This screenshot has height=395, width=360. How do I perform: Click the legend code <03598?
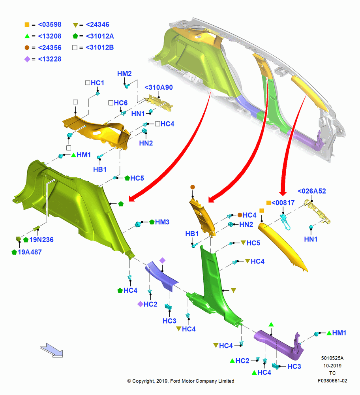(x=50, y=24)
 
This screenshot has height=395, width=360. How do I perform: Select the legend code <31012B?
(x=100, y=47)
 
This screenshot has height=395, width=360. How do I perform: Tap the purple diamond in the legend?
(x=27, y=59)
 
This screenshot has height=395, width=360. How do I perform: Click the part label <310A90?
(x=159, y=87)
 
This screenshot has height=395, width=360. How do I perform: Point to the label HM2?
(x=124, y=73)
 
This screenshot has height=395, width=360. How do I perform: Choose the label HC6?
(x=120, y=103)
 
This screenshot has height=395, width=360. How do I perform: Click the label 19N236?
(x=41, y=240)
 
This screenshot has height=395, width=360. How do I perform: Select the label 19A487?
(x=30, y=252)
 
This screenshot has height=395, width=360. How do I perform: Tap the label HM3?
(x=162, y=222)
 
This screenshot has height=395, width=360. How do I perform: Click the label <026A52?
(x=312, y=191)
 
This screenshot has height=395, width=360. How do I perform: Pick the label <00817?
(x=283, y=203)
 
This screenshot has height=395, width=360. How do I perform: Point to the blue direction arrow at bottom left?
(x=52, y=350)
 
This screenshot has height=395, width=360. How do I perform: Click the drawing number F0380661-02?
(x=332, y=381)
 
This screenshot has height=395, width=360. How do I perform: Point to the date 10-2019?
(x=332, y=365)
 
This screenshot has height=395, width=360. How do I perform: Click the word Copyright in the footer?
(x=143, y=381)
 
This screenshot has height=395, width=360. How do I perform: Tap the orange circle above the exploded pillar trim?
(x=193, y=187)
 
